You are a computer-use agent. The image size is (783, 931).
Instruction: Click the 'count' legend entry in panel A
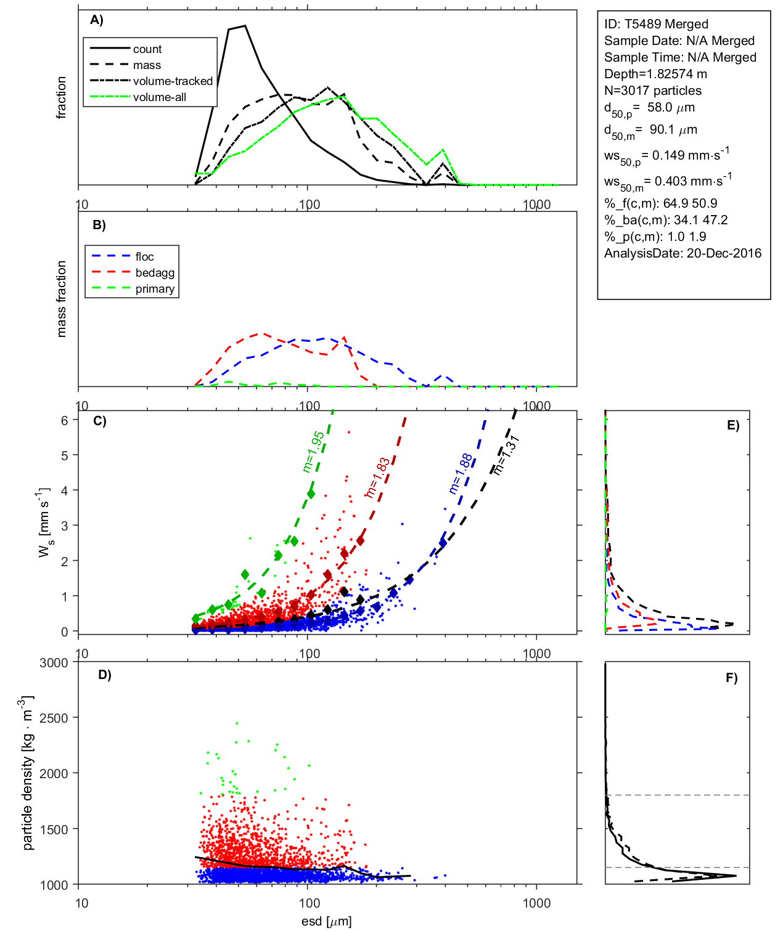coord(147,49)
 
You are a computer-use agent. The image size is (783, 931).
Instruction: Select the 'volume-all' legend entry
coord(159,97)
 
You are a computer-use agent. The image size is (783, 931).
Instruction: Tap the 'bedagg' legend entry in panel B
coord(155,273)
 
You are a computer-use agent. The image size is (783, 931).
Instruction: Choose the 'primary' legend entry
coord(155,289)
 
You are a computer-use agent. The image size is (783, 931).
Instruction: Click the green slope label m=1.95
coord(314,452)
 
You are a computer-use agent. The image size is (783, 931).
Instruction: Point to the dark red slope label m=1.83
coord(377,478)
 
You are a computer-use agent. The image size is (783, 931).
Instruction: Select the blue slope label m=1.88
coord(461,474)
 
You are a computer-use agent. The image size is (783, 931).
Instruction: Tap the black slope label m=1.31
coord(507,455)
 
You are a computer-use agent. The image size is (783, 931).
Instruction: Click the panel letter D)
coord(105,675)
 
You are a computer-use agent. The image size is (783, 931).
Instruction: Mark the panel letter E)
coord(732,425)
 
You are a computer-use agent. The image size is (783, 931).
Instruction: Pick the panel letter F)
coord(731,678)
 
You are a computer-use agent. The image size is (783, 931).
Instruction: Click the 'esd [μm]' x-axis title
coord(326,921)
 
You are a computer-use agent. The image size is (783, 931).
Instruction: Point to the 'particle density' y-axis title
coord(28,773)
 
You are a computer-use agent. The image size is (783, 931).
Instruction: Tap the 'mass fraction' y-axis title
coord(61,299)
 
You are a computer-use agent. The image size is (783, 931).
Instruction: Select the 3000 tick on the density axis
coord(54,663)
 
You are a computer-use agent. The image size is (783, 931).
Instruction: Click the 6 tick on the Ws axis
coord(64,420)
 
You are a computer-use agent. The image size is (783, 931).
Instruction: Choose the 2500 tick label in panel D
coord(54,718)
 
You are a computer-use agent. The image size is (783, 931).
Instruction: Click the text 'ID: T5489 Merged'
coord(656,24)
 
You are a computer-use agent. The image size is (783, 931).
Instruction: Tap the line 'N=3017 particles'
coord(652,91)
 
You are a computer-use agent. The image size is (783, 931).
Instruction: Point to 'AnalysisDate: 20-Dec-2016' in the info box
coord(683,253)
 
